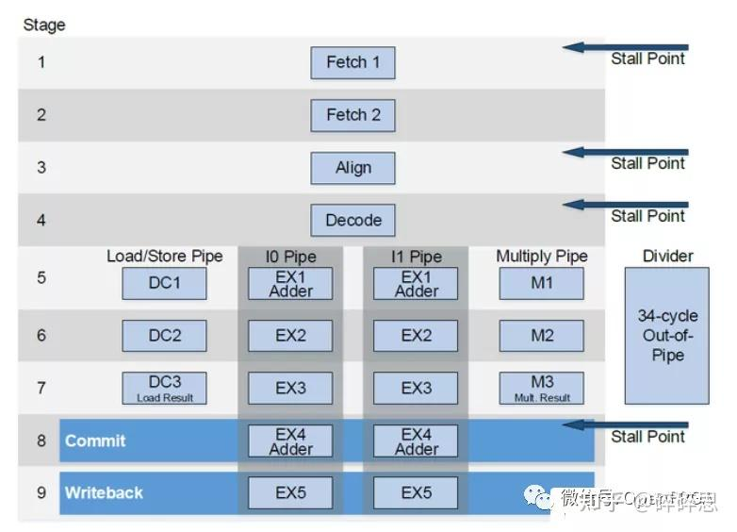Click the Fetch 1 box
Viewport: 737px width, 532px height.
click(x=352, y=63)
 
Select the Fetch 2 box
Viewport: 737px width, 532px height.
click(x=352, y=115)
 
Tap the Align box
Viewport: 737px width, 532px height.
click(x=352, y=168)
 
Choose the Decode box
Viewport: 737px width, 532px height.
click(x=352, y=221)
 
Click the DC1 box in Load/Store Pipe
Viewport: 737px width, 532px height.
click(x=164, y=283)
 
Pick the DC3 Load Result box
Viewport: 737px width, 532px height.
click(x=164, y=387)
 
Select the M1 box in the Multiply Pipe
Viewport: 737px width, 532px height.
click(x=541, y=283)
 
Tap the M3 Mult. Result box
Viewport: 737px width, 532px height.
click(x=541, y=387)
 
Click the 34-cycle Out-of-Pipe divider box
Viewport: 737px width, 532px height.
click(x=666, y=336)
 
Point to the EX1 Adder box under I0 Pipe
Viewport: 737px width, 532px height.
click(x=290, y=283)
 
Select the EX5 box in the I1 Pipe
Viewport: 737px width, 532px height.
click(x=416, y=492)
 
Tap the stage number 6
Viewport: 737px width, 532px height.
click(x=41, y=336)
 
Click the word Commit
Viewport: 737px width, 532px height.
click(x=95, y=441)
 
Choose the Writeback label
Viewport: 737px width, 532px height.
click(x=104, y=492)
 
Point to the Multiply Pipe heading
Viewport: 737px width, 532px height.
click(x=542, y=257)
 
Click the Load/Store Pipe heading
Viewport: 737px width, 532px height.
click(x=165, y=257)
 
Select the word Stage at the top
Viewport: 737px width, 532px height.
click(x=43, y=25)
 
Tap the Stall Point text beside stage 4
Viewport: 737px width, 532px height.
click(x=647, y=216)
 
